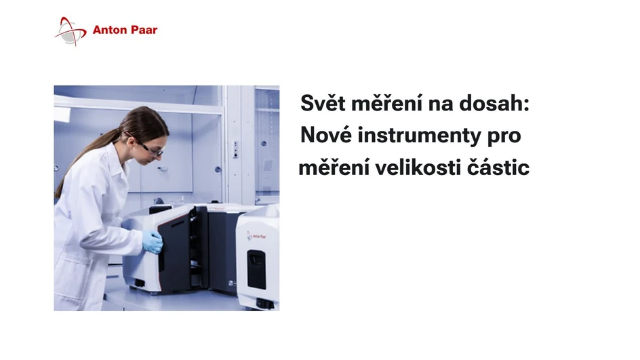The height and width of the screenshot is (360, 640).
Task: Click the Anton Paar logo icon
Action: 71,31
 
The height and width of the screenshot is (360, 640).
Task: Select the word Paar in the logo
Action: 143,31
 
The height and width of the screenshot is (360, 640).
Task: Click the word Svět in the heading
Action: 321,105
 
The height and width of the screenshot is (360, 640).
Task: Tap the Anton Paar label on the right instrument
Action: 258,235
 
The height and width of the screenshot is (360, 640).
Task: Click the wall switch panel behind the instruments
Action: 235,149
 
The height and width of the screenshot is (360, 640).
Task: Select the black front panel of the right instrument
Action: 256,268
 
